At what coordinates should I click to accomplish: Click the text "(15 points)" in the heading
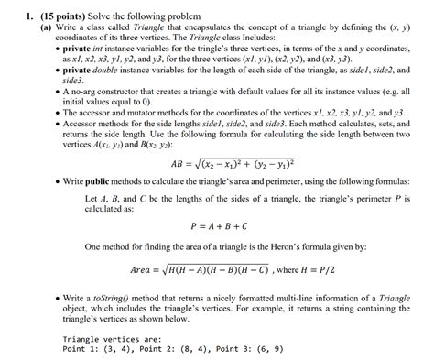(48, 8)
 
